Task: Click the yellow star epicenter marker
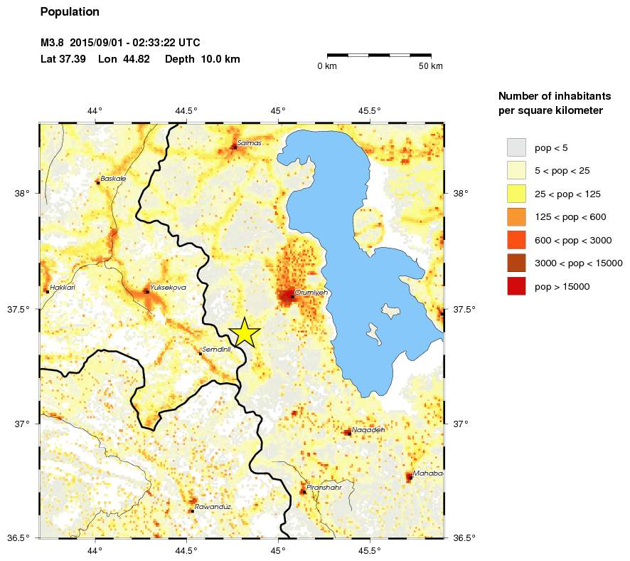point(244,332)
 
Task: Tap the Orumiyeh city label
point(310,293)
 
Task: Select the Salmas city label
point(250,143)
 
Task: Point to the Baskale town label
point(114,179)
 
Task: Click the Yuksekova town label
point(168,288)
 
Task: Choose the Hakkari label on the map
point(63,288)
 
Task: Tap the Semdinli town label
point(217,350)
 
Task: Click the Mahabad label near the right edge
point(428,473)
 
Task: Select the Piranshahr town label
point(324,488)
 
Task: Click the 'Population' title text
point(70,12)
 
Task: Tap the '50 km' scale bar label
point(430,66)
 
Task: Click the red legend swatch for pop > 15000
point(516,286)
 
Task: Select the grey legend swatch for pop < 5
point(516,147)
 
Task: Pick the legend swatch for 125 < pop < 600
point(516,216)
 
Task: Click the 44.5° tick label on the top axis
point(186,110)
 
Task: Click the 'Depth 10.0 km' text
point(202,59)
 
